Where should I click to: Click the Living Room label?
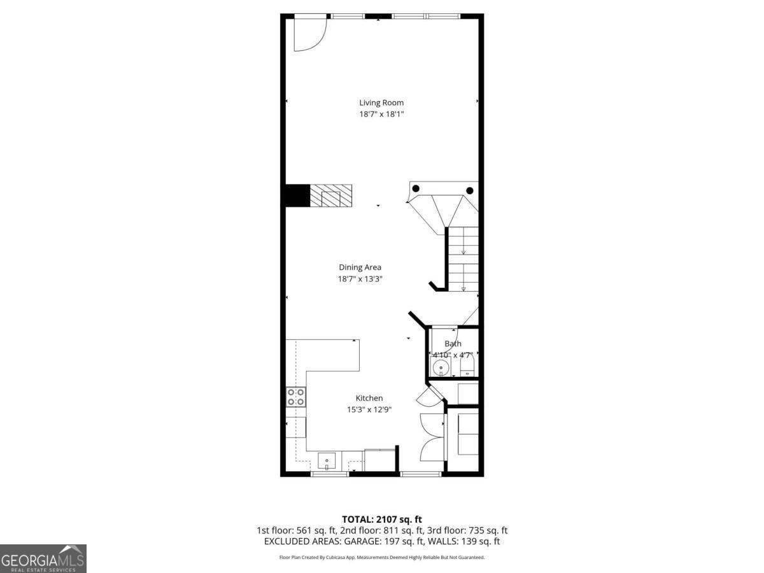pos(381,103)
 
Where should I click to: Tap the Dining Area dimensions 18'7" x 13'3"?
pos(360,279)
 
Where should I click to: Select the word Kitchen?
pos(369,398)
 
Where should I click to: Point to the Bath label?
pos(453,344)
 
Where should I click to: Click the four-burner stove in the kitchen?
pos(295,397)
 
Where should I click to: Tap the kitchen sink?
pos(327,460)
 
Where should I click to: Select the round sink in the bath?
pos(440,368)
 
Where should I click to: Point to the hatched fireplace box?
pos(330,195)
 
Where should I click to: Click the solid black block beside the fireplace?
pos(296,195)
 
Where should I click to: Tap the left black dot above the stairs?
pos(416,188)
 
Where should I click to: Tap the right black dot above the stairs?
pos(470,190)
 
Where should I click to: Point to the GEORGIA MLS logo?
pos(43,558)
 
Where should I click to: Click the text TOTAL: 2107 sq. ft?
pos(381,519)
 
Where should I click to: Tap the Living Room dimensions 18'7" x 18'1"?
pos(381,114)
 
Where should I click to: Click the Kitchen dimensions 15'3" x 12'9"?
pos(369,409)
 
